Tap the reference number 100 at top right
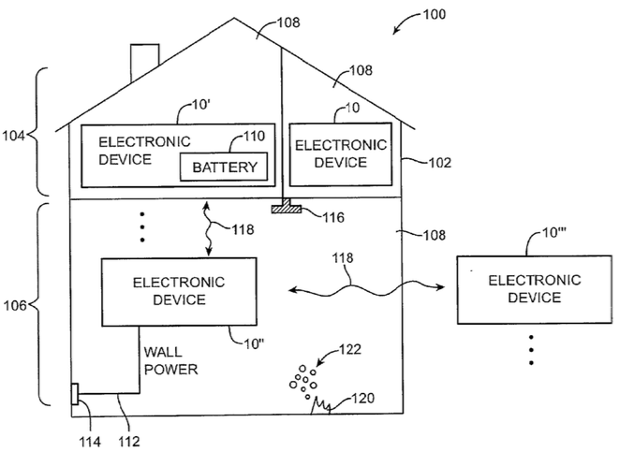[x=432, y=15]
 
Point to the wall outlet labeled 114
[x=74, y=395]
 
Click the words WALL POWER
[x=171, y=360]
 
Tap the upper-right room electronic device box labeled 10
[x=340, y=153]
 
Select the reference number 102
[x=440, y=162]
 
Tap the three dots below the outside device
[x=531, y=349]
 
